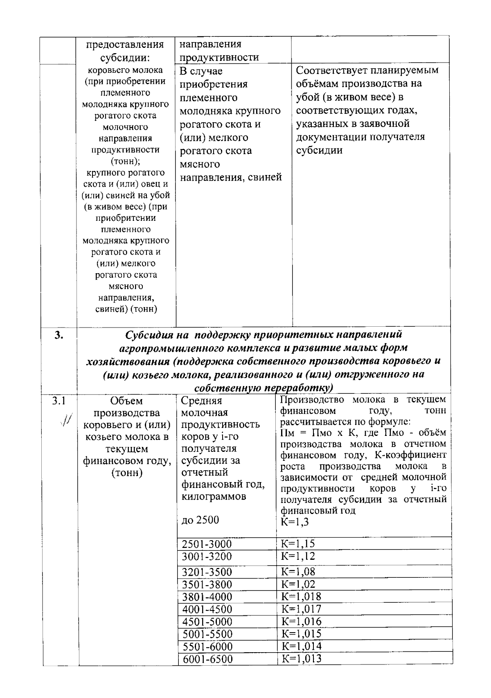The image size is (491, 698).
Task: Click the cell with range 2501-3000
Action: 207,544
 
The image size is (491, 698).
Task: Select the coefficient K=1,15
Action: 298,543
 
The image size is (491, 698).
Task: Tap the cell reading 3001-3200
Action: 207,557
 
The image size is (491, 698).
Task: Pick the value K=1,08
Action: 298,571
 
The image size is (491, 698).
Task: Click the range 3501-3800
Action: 207,584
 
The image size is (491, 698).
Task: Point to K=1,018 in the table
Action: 301,596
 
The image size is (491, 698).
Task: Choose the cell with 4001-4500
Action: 207,609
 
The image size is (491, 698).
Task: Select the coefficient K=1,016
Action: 301,621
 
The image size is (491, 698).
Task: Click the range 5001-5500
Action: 207,634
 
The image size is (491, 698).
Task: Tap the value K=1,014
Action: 301,646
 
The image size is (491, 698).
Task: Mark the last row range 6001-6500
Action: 207,659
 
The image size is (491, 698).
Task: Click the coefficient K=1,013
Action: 301,658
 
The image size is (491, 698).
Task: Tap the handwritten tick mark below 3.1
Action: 65,419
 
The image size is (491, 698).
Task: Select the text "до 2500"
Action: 200,520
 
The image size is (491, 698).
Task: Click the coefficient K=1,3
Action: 295,522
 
